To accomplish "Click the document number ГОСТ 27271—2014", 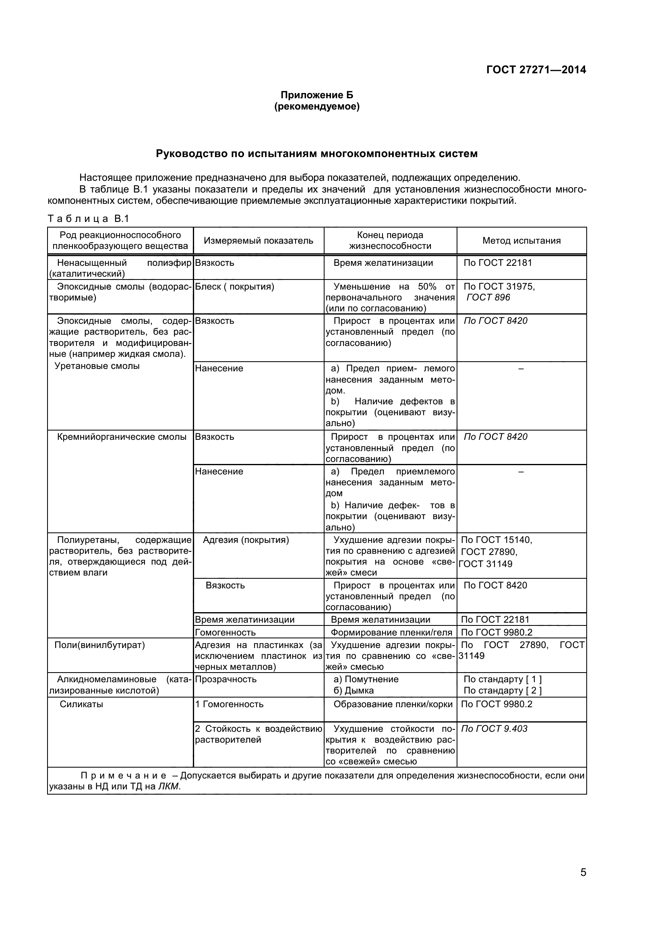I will [x=536, y=70].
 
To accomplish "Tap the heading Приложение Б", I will [x=316, y=95].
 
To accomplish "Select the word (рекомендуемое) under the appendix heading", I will [x=316, y=107].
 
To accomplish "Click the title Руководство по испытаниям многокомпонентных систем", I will [x=316, y=154].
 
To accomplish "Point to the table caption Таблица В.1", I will [x=89, y=219].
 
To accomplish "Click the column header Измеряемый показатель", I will [x=259, y=241].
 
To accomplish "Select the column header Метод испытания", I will [x=521, y=241].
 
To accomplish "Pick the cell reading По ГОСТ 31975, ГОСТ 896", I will [x=498, y=292].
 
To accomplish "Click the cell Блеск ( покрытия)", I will [x=235, y=287].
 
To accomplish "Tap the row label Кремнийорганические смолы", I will [x=122, y=437].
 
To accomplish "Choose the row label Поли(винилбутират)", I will [x=99, y=645].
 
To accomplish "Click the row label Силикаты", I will [x=81, y=704].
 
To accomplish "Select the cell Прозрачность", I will [x=225, y=679].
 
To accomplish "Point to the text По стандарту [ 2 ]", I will [x=503, y=691].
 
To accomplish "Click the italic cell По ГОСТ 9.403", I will [x=494, y=729].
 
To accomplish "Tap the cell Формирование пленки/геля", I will [x=391, y=633].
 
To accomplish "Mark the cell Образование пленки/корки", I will [x=393, y=704].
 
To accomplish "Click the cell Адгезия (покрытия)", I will [x=246, y=540].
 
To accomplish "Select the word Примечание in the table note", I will [x=124, y=776].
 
